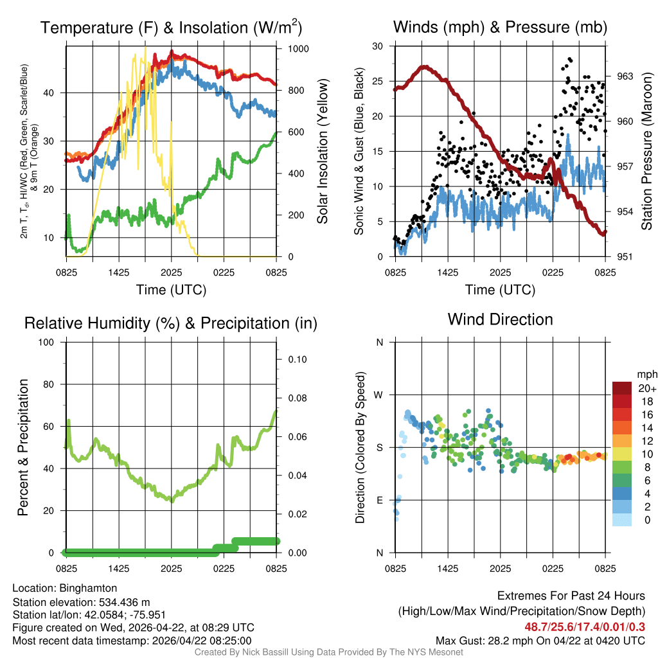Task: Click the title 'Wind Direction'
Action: point(500,319)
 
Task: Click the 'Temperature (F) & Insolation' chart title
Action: point(171,28)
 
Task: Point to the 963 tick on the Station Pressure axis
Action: point(625,76)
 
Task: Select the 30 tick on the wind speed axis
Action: point(378,46)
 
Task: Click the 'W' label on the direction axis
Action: point(380,395)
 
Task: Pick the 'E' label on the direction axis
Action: point(380,500)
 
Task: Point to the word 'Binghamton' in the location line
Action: point(88,588)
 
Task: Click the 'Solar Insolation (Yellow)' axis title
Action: point(322,152)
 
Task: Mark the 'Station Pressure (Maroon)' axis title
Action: point(647,152)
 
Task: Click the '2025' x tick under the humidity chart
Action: point(172,569)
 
